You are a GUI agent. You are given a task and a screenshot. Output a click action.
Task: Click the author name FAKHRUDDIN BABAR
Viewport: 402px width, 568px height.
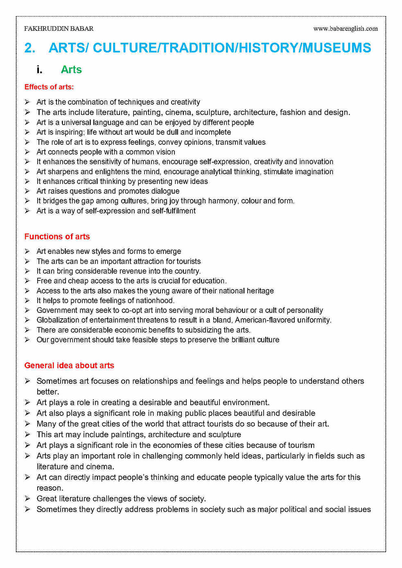59,29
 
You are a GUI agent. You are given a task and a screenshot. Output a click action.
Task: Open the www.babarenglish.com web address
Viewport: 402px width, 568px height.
345,29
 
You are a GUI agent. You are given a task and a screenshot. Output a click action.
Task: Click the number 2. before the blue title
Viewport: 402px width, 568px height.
29,48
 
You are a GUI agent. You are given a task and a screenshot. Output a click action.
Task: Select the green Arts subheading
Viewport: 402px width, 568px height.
71,70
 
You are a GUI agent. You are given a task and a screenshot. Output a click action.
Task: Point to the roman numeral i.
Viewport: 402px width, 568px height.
39,70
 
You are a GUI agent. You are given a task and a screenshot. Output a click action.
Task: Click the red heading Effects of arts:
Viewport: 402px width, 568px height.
49,87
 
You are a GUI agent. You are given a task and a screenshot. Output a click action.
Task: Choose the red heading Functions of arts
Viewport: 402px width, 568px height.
57,236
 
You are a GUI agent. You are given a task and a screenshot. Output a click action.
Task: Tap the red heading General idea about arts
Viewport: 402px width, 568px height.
69,365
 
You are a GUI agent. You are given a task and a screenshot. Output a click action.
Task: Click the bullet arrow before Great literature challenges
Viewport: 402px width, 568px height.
27,498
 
